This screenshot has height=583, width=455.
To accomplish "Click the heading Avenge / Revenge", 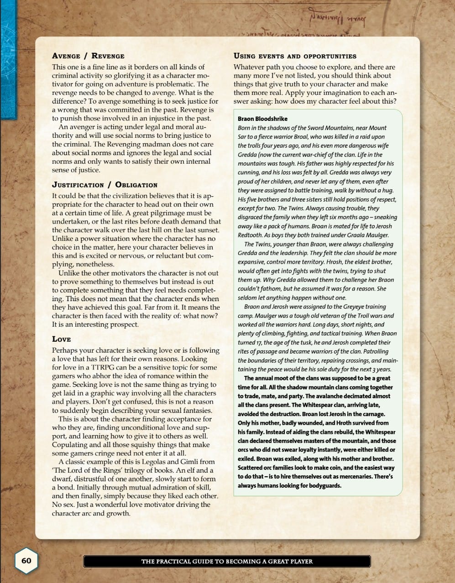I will coord(88,56).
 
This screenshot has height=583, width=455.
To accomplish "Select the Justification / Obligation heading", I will coord(105,185).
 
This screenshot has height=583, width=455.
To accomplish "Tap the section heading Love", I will coord(62,339).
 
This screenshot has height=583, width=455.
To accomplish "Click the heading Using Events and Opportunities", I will coord(295,56).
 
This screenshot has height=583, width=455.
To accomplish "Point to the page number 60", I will coord(26,560).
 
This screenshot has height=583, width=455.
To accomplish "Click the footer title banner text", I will coord(227,561).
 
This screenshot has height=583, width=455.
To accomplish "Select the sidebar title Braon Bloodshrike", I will coord(262,119).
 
